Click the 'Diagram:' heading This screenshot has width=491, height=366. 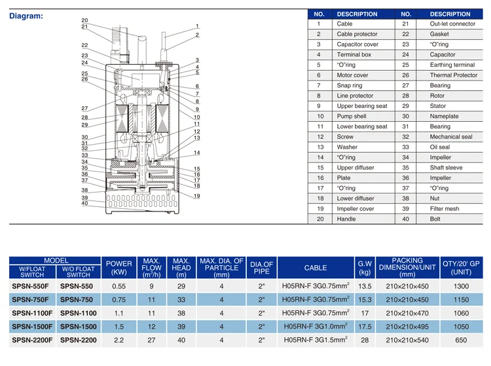(26, 16)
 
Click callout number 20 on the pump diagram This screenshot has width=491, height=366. (84, 20)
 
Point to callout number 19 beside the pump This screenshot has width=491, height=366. (196, 196)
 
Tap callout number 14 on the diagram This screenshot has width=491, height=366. (196, 153)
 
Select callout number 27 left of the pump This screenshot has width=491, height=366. (84, 108)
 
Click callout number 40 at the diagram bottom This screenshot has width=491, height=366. (84, 203)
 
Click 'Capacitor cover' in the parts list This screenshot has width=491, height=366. (357, 45)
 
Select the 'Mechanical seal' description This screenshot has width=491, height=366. (451, 137)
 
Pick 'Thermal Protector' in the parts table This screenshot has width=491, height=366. (454, 75)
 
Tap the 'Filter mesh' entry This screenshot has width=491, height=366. (445, 209)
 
